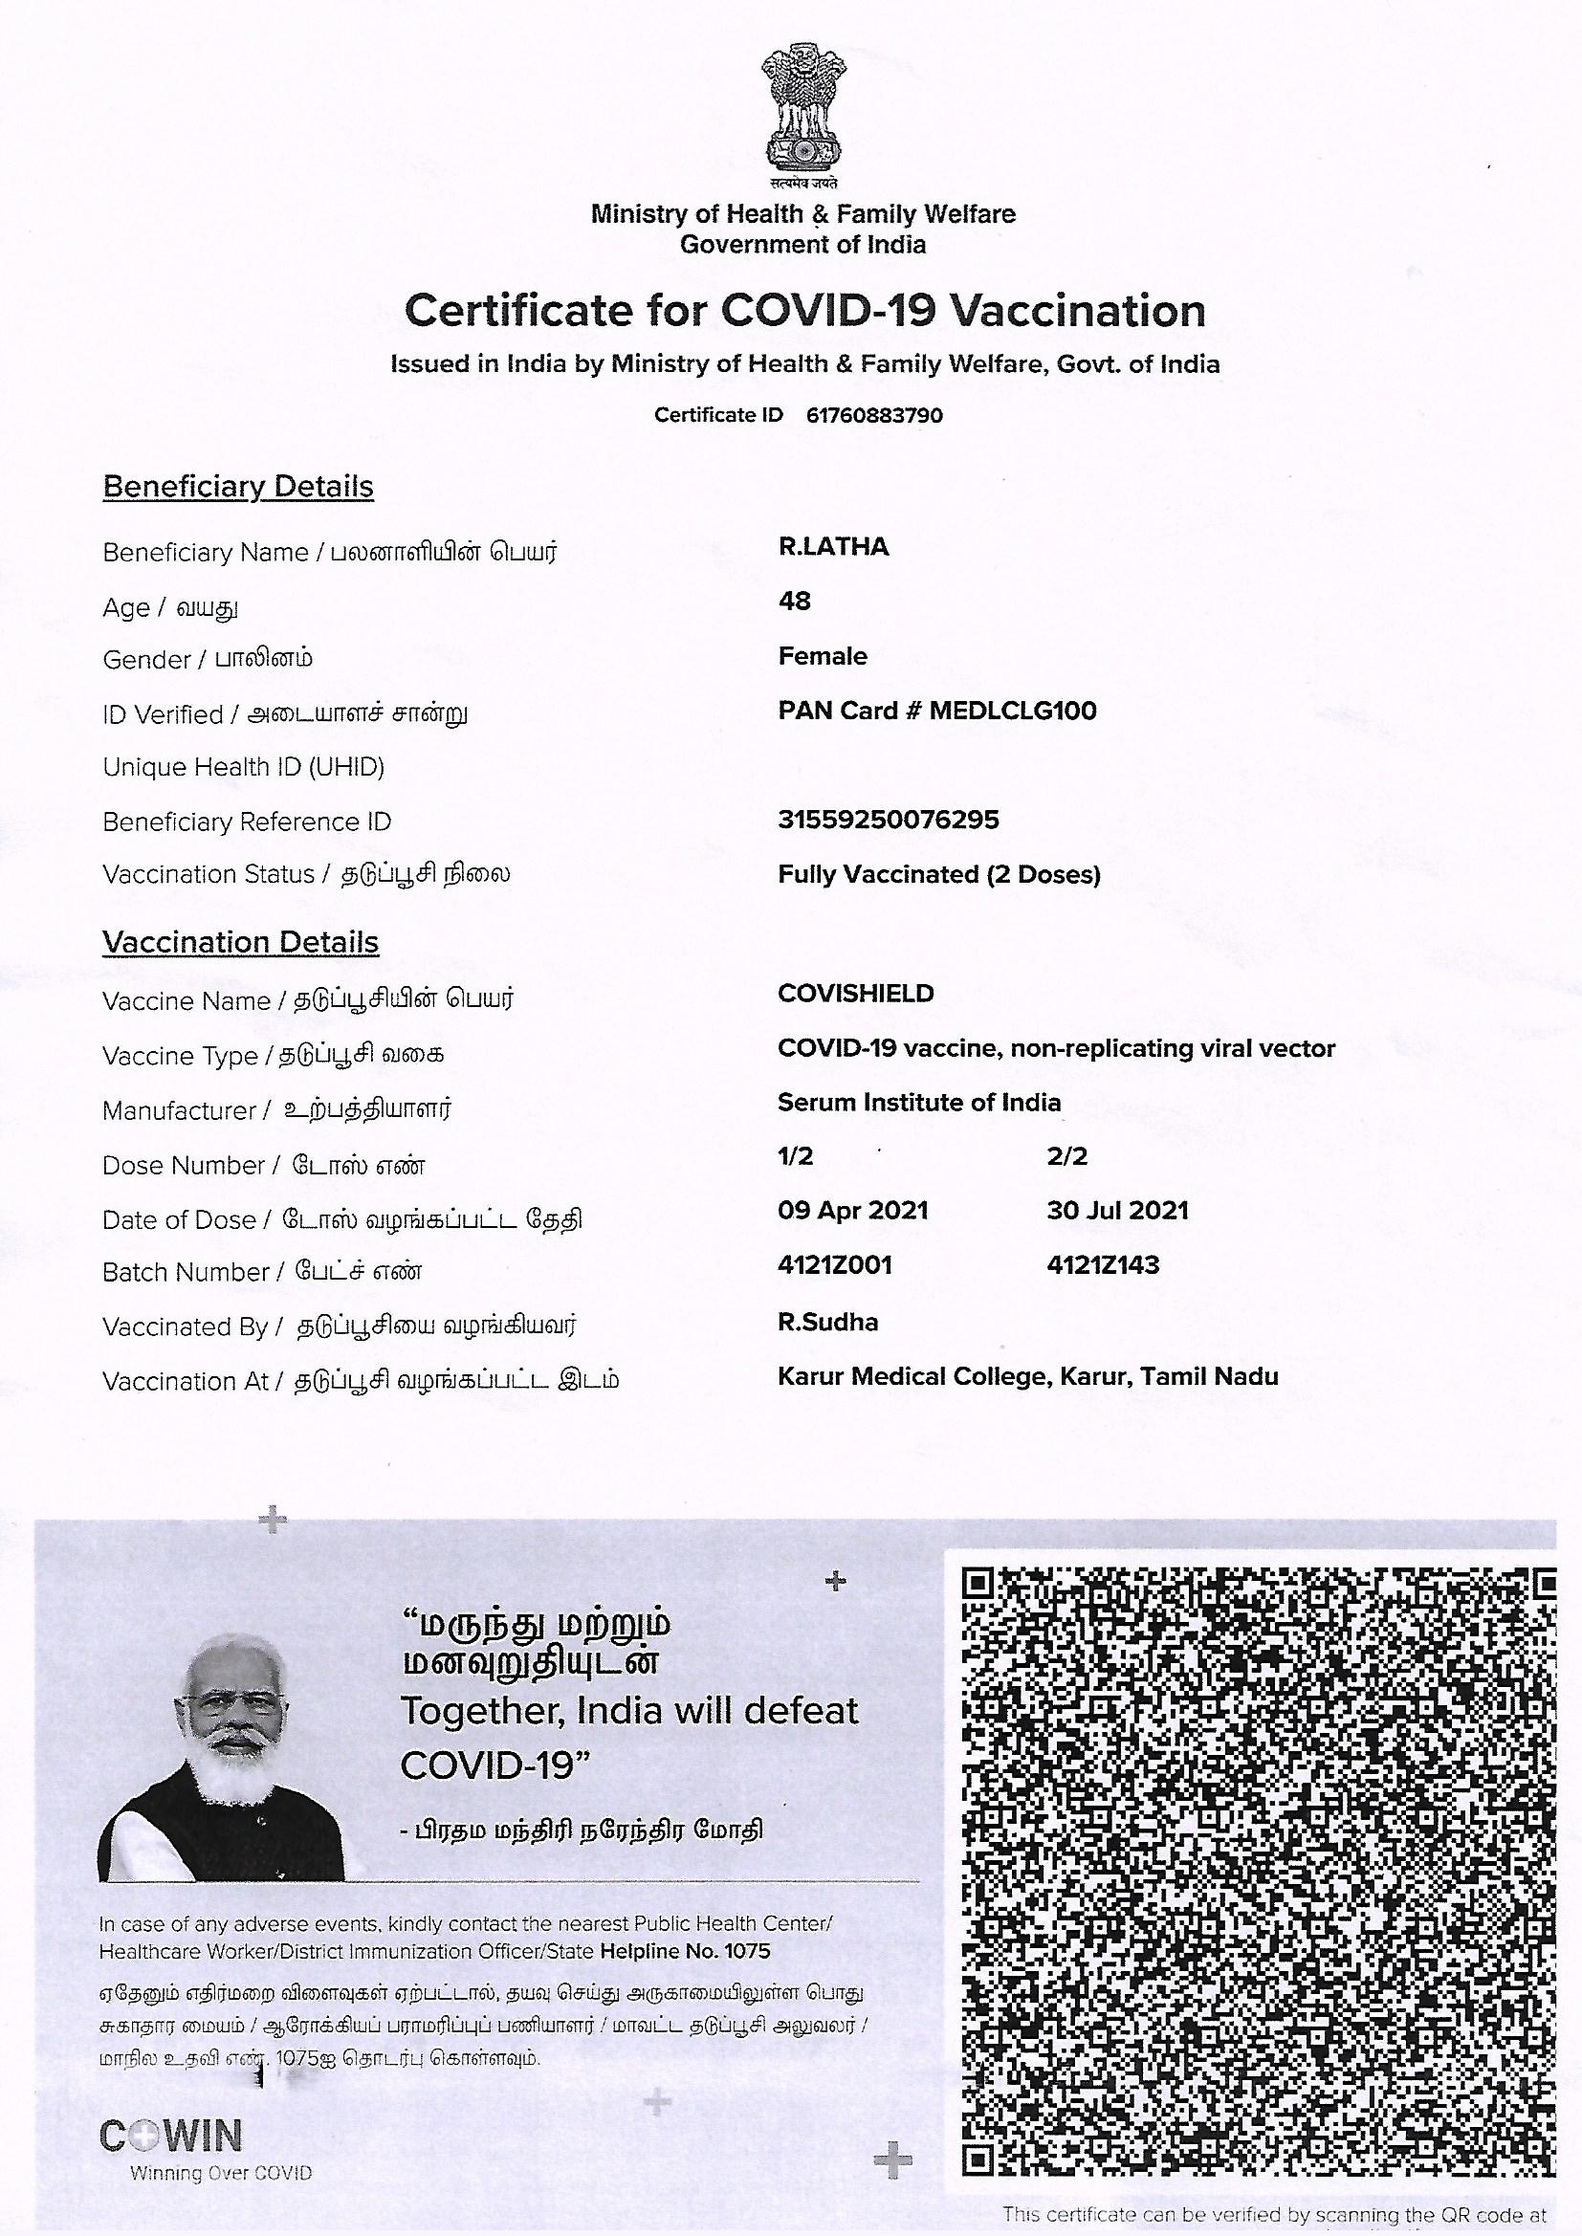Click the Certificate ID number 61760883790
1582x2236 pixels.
click(874, 415)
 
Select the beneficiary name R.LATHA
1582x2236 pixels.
click(833, 546)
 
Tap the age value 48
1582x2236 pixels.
click(794, 601)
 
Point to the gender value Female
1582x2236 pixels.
click(823, 655)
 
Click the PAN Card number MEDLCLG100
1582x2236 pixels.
click(1012, 710)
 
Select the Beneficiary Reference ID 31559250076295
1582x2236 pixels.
click(888, 819)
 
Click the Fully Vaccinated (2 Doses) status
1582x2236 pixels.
click(938, 873)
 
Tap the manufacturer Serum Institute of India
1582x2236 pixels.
click(918, 1103)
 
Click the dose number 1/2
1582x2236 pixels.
click(795, 1156)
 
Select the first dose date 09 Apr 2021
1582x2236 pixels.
click(852, 1211)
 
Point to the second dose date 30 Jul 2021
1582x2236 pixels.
click(1117, 1211)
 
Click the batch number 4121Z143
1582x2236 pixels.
click(1103, 1265)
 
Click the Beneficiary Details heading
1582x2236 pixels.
click(238, 486)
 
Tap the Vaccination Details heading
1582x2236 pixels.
click(240, 942)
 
